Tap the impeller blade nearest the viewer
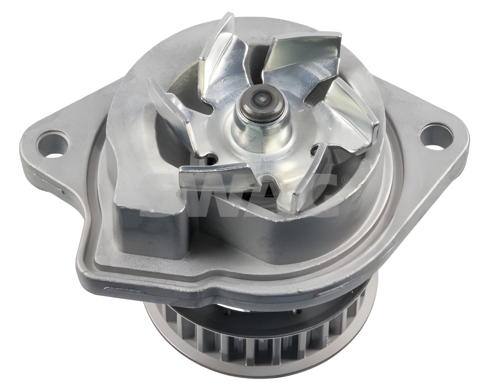tap(216, 176)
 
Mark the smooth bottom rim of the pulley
tap(255, 382)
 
